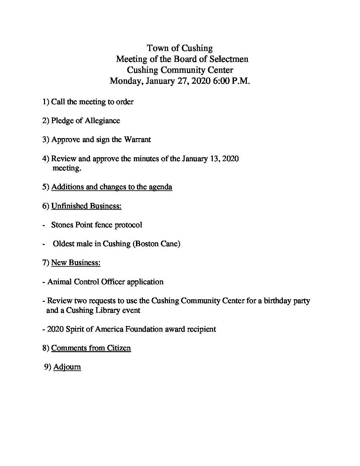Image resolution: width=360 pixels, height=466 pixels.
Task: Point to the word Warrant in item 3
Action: [137, 139]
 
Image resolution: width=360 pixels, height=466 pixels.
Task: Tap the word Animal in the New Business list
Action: [59, 282]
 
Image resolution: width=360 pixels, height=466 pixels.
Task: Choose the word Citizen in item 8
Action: [118, 348]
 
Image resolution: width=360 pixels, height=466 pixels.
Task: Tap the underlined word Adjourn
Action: [67, 367]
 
